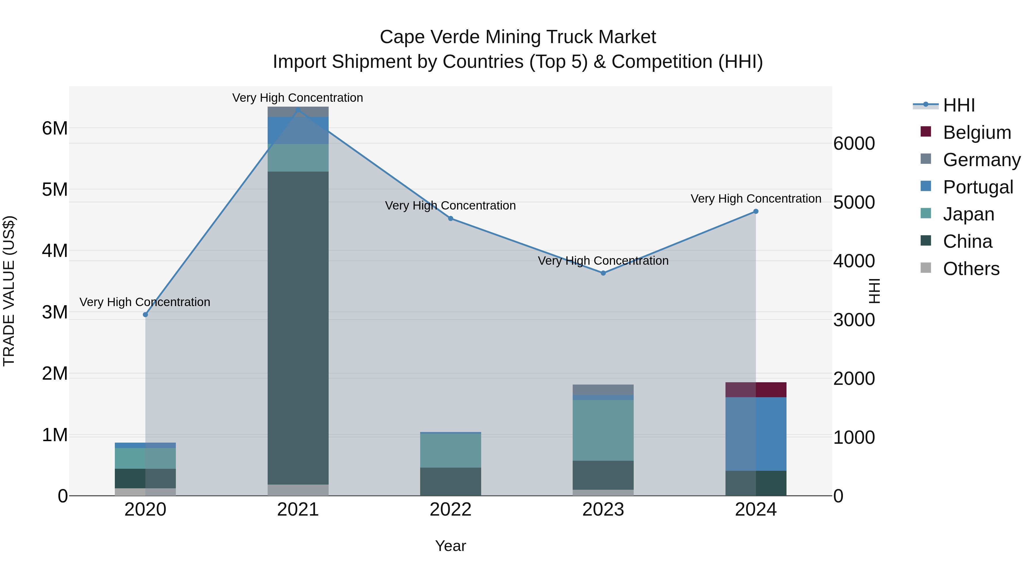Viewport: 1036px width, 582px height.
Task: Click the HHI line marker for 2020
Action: click(x=146, y=314)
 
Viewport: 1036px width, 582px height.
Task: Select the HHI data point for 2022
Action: click(x=450, y=218)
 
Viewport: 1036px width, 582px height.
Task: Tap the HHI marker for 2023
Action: click(x=603, y=273)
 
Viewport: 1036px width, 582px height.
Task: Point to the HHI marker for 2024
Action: click(x=755, y=211)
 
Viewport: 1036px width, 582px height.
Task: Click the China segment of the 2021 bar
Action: click(x=298, y=327)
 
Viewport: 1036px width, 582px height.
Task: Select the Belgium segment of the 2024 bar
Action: click(x=755, y=390)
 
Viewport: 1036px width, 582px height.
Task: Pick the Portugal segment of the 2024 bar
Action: click(x=755, y=434)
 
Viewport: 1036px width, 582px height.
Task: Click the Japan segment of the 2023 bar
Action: click(x=603, y=430)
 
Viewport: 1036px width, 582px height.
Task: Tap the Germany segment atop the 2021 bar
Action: click(x=298, y=112)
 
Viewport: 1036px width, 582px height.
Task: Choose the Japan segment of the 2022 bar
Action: click(x=450, y=450)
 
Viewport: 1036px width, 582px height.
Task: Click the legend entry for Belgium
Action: click(x=976, y=132)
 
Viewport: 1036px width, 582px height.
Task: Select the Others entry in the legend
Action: click(x=971, y=269)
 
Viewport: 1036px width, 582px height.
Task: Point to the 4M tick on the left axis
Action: click(x=55, y=251)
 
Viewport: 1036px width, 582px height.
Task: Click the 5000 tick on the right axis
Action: click(x=854, y=202)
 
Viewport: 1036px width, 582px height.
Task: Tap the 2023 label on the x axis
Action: click(x=603, y=510)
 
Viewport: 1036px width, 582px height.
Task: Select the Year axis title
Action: click(x=450, y=546)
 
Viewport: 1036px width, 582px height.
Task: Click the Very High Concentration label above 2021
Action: click(x=298, y=98)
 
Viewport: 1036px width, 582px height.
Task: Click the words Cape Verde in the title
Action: click(x=430, y=37)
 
